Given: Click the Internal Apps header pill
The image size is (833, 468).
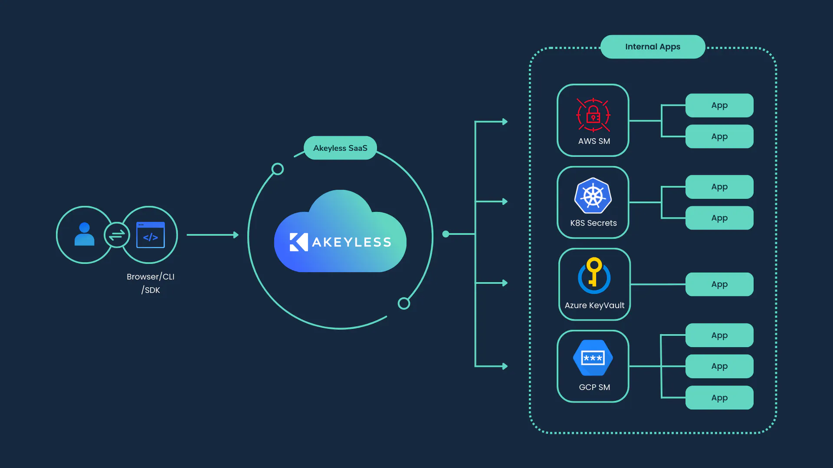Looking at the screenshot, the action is click(x=653, y=47).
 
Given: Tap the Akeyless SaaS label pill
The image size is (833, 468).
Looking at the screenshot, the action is click(x=340, y=148).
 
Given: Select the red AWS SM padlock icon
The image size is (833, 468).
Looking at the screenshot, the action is click(x=593, y=115).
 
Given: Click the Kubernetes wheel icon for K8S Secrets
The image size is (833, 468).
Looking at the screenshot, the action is click(x=593, y=195).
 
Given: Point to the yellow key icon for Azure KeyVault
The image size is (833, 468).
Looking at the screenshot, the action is click(x=594, y=275).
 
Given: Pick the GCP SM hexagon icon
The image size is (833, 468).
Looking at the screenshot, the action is click(x=593, y=358).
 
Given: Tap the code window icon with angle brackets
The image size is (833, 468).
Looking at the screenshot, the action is click(x=151, y=235).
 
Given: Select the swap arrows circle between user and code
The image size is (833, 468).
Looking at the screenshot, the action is click(x=117, y=235).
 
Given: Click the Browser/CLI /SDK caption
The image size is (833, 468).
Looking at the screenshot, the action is click(x=151, y=283).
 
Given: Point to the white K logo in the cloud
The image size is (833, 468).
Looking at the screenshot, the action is click(x=298, y=242).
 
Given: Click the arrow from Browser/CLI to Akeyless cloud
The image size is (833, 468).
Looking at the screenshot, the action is click(x=213, y=235).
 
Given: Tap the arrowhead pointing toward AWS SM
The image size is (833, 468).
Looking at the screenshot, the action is click(x=505, y=122).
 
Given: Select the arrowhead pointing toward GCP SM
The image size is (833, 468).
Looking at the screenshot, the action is click(x=505, y=366).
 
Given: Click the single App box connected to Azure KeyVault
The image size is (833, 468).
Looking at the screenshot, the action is click(x=719, y=284).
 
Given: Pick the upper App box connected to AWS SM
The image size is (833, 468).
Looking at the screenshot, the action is click(x=719, y=105).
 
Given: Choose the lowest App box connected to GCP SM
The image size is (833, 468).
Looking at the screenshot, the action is click(x=719, y=397).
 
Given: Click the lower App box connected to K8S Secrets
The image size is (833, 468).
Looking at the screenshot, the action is click(x=719, y=218).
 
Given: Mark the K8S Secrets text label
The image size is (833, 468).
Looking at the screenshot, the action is click(x=593, y=223).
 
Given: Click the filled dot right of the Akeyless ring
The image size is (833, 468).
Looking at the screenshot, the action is click(x=446, y=234).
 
